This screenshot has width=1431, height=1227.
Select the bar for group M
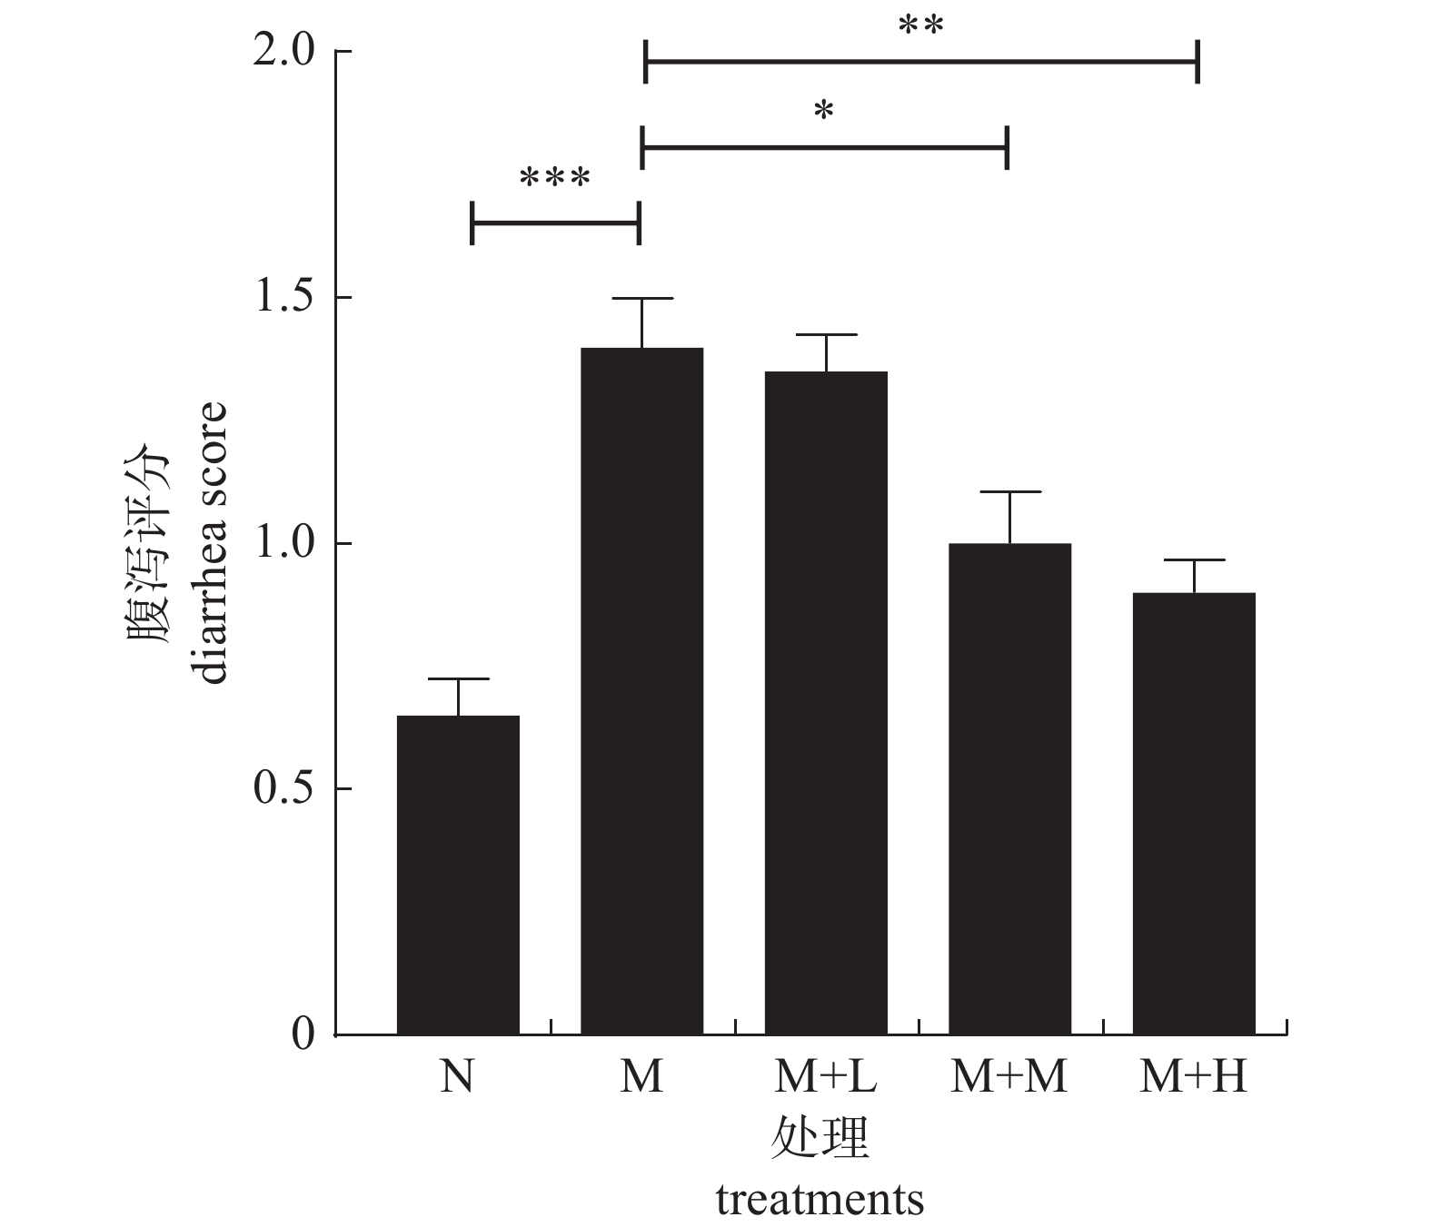click(641, 691)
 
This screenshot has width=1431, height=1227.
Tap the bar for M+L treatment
click(826, 703)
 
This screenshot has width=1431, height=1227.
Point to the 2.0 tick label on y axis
click(283, 52)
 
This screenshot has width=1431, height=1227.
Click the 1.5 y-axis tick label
click(283, 298)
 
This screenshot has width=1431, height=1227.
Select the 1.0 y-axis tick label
click(283, 543)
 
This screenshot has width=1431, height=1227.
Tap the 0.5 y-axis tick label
click(283, 788)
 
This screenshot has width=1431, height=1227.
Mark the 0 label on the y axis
click(303, 1034)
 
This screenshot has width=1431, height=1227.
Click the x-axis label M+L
click(825, 1078)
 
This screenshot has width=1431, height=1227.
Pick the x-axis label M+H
click(1193, 1078)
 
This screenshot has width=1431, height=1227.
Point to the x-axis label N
click(457, 1078)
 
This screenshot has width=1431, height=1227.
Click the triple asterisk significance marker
click(555, 178)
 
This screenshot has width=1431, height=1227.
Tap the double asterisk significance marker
click(920, 27)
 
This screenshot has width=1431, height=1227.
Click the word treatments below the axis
click(820, 1200)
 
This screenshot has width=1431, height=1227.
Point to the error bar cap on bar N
click(458, 678)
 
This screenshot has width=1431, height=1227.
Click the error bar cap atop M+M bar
click(1009, 491)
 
